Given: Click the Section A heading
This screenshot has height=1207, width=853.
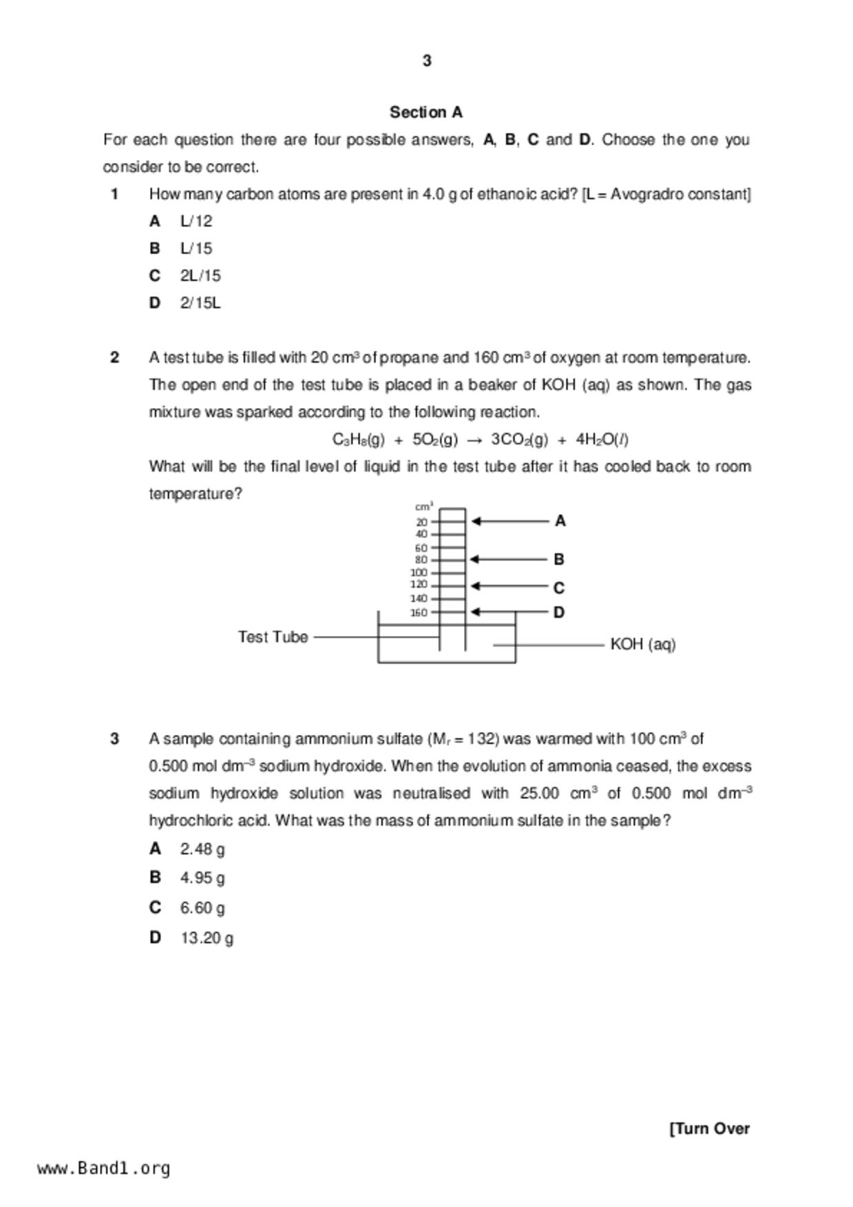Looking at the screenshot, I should (426, 112).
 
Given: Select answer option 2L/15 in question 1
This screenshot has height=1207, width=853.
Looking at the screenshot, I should (200, 276).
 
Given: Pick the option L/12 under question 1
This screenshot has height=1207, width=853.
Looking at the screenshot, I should (196, 222).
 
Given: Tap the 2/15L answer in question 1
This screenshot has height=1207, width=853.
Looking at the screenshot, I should (200, 303).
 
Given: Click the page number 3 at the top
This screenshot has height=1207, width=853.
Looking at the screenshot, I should (427, 61).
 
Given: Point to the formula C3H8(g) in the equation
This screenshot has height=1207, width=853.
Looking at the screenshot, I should (358, 440).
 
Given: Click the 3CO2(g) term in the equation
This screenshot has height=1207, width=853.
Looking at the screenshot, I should (519, 440).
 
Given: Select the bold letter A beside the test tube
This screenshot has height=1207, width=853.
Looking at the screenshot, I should (560, 522).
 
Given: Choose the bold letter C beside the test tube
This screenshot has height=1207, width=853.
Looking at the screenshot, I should (559, 588).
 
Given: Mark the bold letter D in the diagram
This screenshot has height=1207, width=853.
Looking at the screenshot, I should (559, 612).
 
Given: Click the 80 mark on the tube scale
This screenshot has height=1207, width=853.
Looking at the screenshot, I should (421, 560).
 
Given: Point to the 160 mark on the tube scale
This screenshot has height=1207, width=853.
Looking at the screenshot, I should (419, 612).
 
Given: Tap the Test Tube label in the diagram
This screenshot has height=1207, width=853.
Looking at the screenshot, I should (273, 637).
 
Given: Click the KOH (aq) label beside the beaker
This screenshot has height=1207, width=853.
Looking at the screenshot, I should (643, 645).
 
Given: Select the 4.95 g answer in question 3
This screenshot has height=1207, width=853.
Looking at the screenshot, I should (202, 879).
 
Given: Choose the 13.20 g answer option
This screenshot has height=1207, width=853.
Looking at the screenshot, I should (207, 939).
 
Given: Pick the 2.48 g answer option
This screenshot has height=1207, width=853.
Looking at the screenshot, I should (202, 850).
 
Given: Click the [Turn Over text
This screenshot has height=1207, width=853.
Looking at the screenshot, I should (709, 1129).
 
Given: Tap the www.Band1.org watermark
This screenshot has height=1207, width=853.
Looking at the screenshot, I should (104, 1168).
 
